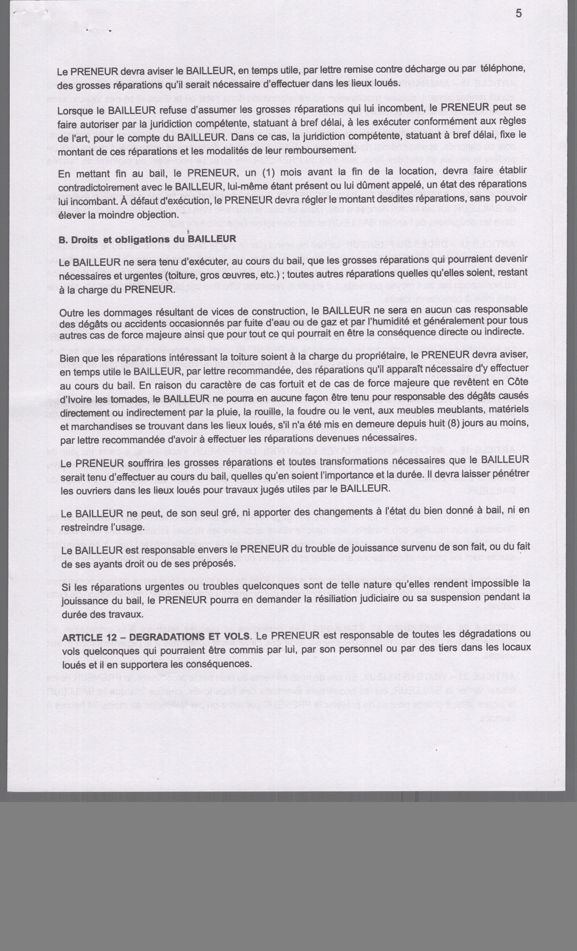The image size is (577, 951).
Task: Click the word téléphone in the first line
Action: tap(503, 68)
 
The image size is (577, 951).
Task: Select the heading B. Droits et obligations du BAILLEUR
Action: tap(147, 239)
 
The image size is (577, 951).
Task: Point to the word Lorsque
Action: tap(75, 110)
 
